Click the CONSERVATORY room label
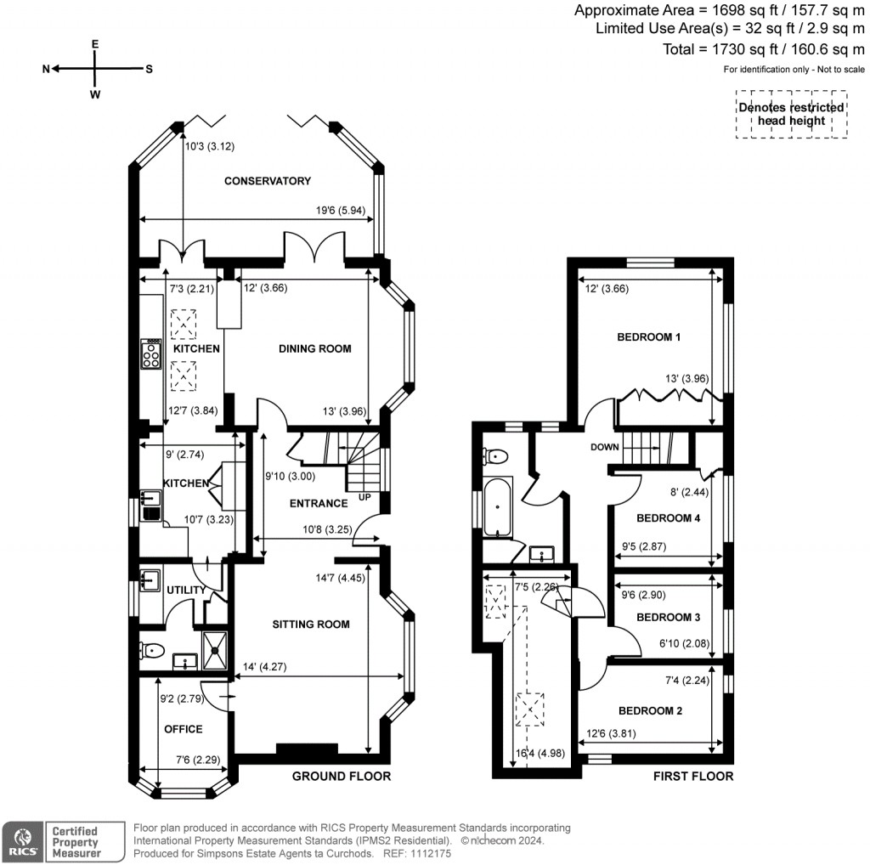(x=268, y=181)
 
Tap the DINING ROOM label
(x=315, y=348)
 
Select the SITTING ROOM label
(x=311, y=625)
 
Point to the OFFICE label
(x=183, y=729)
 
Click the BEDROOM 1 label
(x=649, y=337)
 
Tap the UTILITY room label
(x=186, y=591)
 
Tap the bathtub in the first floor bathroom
(x=498, y=507)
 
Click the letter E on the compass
(x=95, y=43)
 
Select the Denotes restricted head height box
(x=791, y=114)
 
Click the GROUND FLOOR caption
(x=342, y=776)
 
